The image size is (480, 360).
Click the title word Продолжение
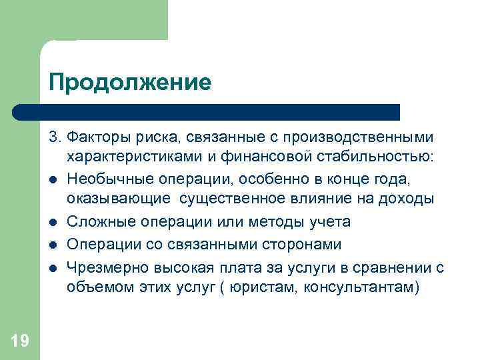pos(130,82)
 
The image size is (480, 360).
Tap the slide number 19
pos(20,341)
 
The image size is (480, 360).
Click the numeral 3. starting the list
pos(53,137)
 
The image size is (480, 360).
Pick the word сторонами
pos(303,245)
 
